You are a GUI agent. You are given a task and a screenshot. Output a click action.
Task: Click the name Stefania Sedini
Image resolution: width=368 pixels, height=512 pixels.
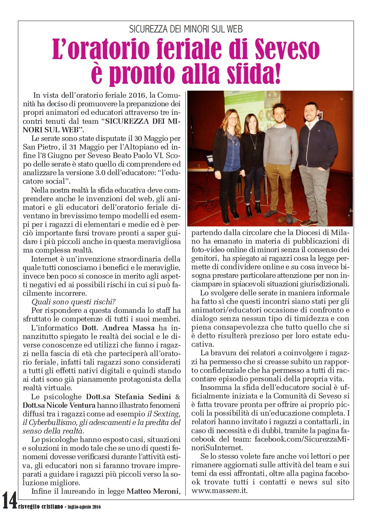tap(128, 397)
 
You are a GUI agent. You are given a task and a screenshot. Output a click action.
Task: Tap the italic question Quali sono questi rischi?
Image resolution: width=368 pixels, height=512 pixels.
tap(74, 302)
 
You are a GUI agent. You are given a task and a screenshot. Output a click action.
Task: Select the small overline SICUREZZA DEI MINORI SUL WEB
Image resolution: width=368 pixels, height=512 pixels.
tap(186, 29)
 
